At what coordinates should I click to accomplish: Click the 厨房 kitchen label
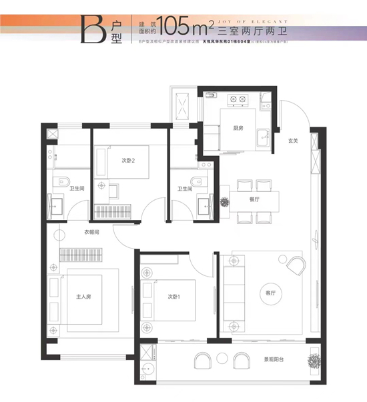[237, 129]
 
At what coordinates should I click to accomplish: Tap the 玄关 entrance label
[292, 141]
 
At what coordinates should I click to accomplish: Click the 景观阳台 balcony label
[274, 359]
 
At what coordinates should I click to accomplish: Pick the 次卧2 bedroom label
[129, 160]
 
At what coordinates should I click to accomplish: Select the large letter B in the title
[89, 25]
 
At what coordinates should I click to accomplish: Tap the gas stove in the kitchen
[237, 101]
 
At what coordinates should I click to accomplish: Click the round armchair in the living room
[294, 265]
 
